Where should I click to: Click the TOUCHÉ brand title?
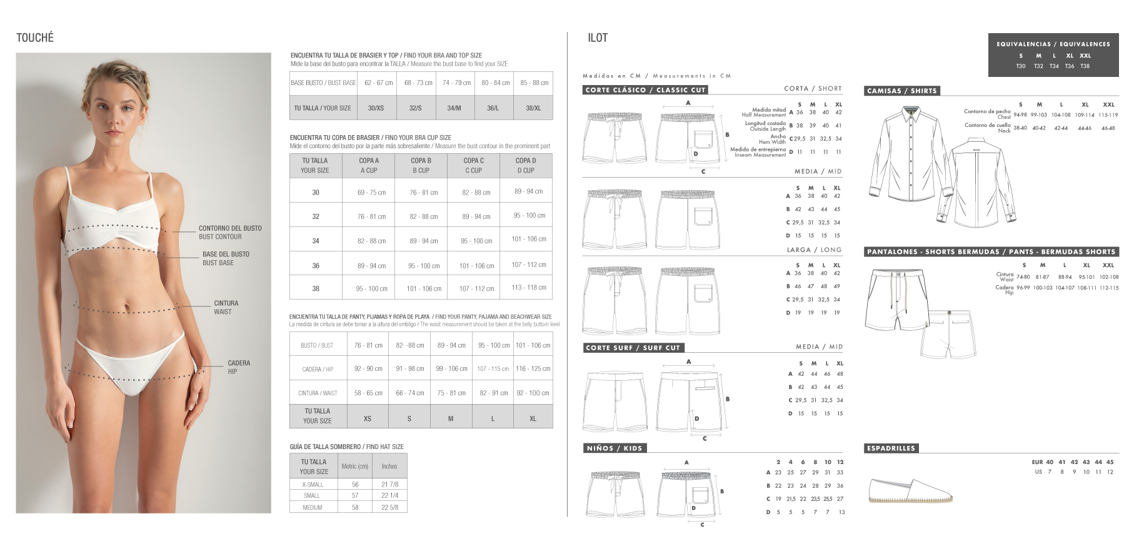pos(35,38)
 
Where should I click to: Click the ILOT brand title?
pos(598,38)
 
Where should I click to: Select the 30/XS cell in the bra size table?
pos(376,108)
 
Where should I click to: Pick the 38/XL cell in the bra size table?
pos(533,108)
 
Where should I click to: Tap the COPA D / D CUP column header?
pos(526,165)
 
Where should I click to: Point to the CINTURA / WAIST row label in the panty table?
pos(318,393)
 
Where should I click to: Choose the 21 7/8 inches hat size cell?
pos(389,485)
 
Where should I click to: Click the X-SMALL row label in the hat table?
pos(313,485)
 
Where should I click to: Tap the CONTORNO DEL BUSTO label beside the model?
pos(230,232)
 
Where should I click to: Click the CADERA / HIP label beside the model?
pos(238,367)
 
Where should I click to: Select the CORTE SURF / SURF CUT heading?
pos(632,348)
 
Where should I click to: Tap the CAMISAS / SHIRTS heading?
pos(901,91)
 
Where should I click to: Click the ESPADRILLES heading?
pos(891,448)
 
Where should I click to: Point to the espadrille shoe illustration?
pos(911,491)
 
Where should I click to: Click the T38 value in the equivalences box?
pos(1085,66)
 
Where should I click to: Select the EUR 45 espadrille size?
pos(1110,462)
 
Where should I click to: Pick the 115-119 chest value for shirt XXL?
pos(1108,115)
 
